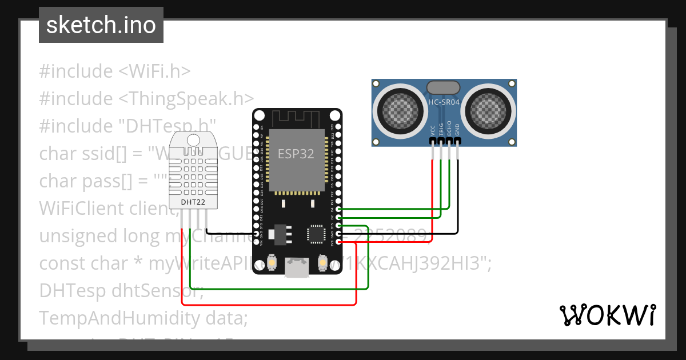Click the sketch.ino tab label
pos(101,25)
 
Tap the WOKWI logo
pos(607,315)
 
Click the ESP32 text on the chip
pos(296,154)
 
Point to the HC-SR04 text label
pos(444,102)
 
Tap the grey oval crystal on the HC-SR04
pos(443,86)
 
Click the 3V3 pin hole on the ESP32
pos(340,242)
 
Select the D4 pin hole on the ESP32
pos(340,210)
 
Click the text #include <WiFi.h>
pos(115,71)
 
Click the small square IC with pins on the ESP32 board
pos(316,234)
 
